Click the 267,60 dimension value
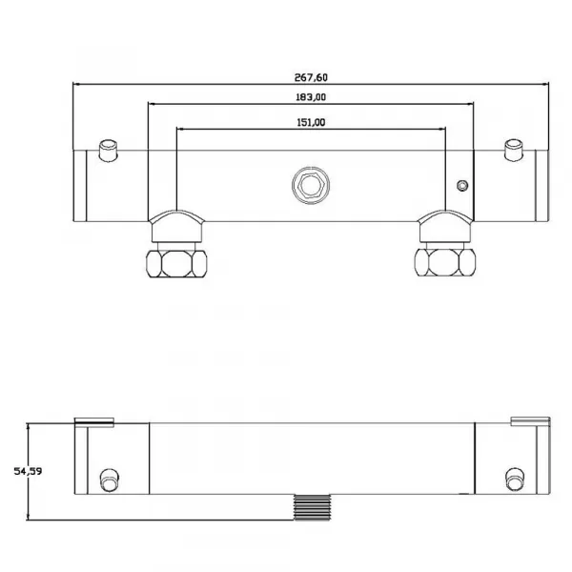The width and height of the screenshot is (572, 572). (x=311, y=77)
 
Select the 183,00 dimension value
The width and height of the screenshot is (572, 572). (x=311, y=97)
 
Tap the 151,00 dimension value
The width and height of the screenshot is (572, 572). (x=311, y=123)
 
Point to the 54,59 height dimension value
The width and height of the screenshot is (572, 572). (x=28, y=471)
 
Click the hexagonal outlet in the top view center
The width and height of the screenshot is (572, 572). (x=311, y=185)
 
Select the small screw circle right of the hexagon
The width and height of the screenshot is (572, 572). (x=462, y=186)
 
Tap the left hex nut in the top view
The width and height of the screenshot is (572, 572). (x=176, y=263)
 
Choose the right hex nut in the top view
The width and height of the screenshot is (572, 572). (x=445, y=262)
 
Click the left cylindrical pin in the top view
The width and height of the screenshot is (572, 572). (x=109, y=151)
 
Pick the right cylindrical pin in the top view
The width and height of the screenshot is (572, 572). (x=514, y=150)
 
